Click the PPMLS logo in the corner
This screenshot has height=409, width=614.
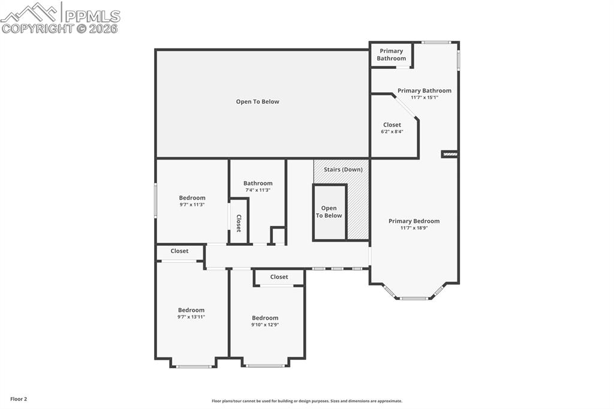pos(60,17)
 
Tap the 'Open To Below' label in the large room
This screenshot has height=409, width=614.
pos(257,102)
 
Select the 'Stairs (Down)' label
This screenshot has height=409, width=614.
pos(343,170)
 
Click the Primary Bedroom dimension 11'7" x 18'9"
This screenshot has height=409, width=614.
pos(414,228)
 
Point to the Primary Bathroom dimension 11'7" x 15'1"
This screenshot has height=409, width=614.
pos(424,97)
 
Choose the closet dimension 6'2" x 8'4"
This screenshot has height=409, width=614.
pos(392,131)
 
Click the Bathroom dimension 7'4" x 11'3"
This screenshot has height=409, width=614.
pos(258,190)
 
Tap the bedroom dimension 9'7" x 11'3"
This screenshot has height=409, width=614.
pos(192,204)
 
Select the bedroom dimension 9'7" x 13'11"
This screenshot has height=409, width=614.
pos(191,317)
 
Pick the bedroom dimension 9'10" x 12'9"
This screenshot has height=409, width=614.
pos(265,324)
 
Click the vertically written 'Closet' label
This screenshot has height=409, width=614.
pos(239,223)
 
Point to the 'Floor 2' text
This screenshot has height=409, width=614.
pos(18,399)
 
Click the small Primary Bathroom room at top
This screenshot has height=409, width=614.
pos(391,55)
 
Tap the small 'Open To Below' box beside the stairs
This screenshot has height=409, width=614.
pos(329,212)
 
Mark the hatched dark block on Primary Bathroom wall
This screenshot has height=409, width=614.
pos(450,154)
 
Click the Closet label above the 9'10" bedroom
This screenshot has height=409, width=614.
pos(279,277)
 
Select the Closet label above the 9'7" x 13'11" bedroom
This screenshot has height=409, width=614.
pos(179,251)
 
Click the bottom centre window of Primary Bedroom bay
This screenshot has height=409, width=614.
pos(414,298)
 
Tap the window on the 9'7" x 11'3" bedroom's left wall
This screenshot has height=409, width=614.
pos(156,201)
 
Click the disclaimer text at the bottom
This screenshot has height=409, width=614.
pos(306,401)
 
